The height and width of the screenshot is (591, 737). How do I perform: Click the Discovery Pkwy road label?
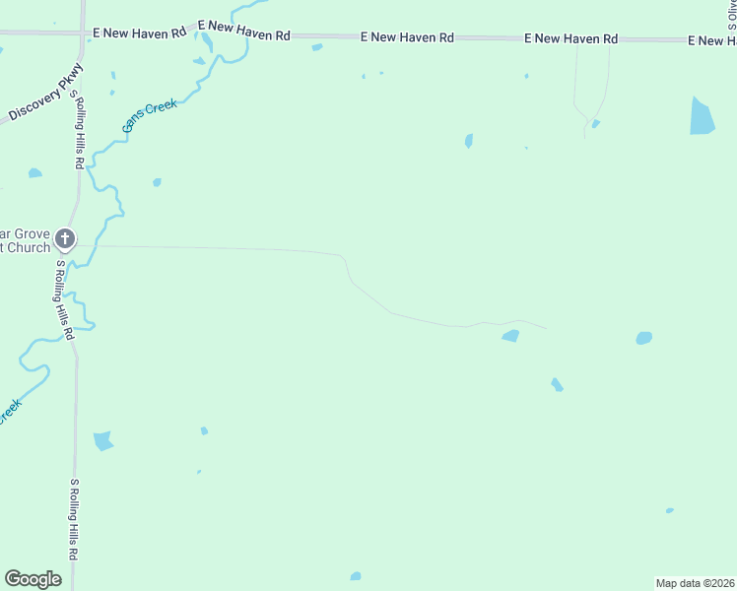(44, 94)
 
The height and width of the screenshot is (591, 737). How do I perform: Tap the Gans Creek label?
(149, 115)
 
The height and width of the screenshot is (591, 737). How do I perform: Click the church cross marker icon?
(65, 237)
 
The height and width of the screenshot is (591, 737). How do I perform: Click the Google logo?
(33, 579)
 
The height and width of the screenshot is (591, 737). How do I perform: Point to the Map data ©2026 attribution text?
(695, 583)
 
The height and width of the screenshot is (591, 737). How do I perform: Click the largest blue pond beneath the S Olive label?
(702, 117)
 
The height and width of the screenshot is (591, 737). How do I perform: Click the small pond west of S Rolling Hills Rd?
(35, 173)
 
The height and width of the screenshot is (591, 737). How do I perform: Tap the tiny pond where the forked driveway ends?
(596, 124)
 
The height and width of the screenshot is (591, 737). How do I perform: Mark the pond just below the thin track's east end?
(510, 336)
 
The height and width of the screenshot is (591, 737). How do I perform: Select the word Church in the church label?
(33, 247)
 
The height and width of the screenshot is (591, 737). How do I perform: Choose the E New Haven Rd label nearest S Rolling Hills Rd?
(139, 33)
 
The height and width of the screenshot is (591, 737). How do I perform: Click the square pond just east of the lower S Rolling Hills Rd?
(102, 440)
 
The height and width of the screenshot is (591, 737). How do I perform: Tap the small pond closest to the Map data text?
(670, 510)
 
